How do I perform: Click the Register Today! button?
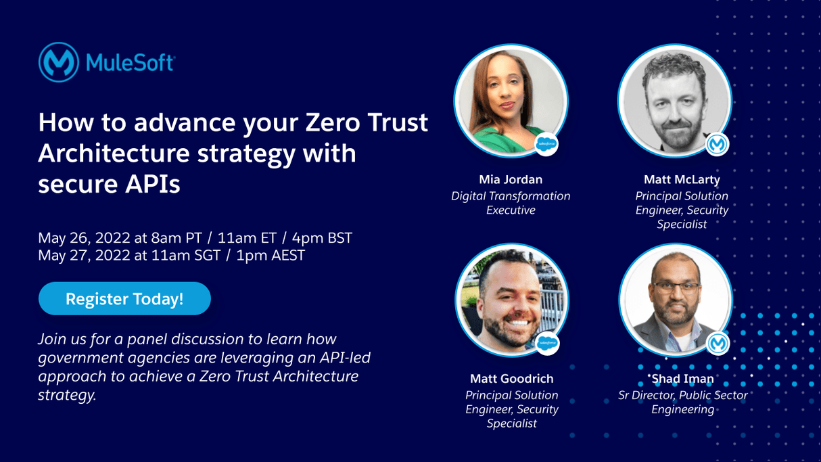(124, 298)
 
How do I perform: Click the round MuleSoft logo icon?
(58, 62)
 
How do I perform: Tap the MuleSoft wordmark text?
(130, 63)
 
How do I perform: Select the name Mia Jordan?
(511, 179)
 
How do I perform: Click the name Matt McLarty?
(682, 179)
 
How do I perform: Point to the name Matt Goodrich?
(511, 378)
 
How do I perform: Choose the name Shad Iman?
(682, 378)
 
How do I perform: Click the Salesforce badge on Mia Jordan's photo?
(546, 144)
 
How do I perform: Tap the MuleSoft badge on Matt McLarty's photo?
(717, 144)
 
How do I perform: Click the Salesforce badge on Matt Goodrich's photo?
(547, 344)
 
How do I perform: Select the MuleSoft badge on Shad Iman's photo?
(718, 344)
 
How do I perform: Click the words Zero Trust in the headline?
(367, 122)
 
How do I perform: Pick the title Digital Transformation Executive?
(511, 203)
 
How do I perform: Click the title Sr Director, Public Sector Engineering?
(682, 402)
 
